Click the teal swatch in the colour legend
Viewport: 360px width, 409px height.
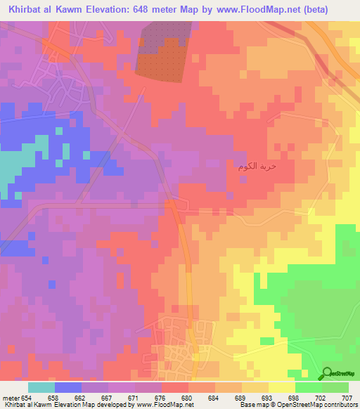(41, 387)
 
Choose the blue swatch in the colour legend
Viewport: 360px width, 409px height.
(68, 387)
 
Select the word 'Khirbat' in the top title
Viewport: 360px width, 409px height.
(21, 9)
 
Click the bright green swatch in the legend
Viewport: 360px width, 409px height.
(308, 387)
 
